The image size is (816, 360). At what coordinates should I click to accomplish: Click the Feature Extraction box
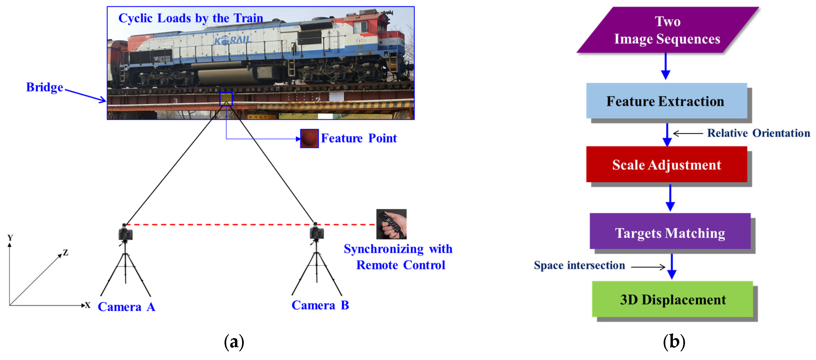666,101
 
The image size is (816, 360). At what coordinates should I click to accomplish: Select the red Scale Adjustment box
666,165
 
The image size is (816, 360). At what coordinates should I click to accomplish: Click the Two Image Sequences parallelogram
667,30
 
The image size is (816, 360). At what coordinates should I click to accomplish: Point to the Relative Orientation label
758,133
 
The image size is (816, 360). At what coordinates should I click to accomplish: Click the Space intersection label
579,265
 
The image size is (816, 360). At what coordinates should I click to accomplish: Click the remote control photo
391,224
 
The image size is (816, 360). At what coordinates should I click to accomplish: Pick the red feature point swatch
309,138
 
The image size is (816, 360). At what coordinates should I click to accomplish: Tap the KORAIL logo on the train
232,40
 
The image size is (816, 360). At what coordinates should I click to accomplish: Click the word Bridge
45,87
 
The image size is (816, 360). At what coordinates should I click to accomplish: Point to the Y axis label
10,237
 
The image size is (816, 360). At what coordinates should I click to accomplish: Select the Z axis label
66,253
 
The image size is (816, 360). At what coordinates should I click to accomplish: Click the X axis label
87,305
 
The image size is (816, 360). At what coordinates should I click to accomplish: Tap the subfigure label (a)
234,342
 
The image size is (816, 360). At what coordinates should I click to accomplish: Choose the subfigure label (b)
674,342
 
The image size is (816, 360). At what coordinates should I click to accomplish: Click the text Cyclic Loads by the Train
191,18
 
